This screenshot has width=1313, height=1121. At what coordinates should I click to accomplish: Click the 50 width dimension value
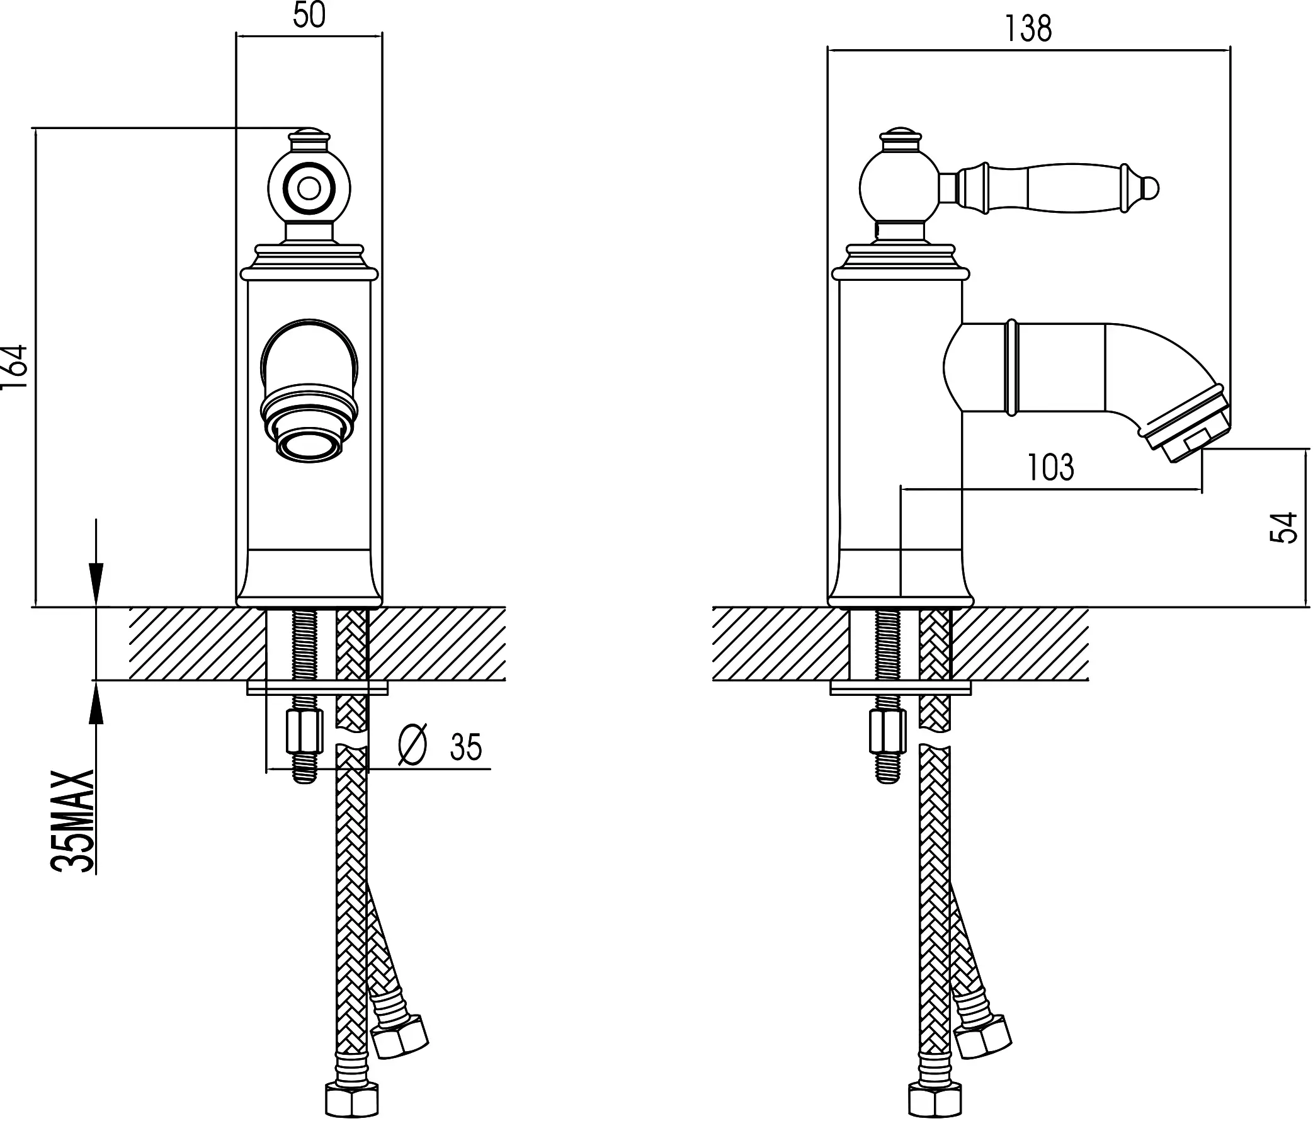click(309, 16)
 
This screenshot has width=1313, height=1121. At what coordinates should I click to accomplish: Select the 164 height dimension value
click(15, 368)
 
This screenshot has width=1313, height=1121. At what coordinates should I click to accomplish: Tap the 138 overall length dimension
click(1028, 29)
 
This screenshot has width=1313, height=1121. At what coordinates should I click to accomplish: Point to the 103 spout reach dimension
click(1050, 468)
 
